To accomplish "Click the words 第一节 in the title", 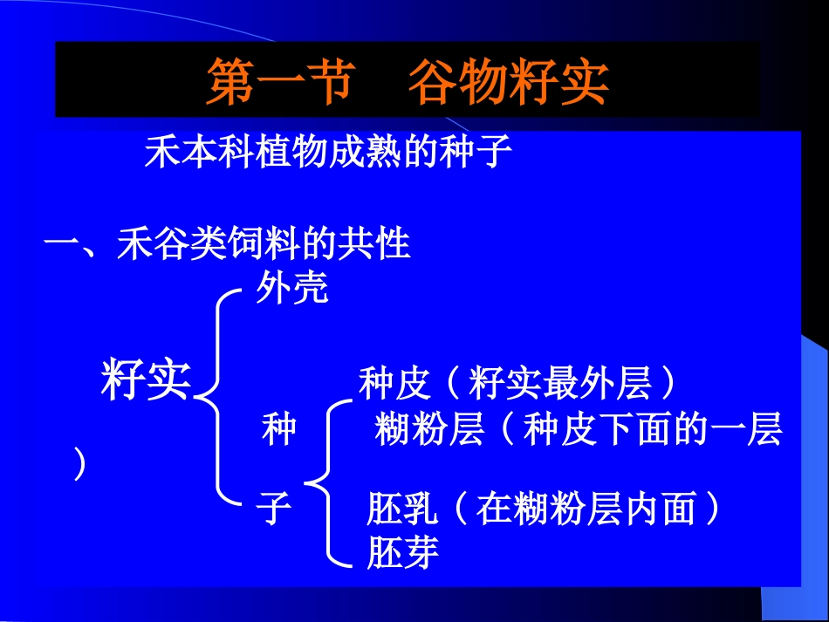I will (279, 83).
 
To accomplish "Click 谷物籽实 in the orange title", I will (508, 83).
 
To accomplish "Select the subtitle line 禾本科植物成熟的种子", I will (327, 154).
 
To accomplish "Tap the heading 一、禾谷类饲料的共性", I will (227, 244).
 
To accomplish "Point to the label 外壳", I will (292, 289).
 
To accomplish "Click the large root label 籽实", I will (146, 382).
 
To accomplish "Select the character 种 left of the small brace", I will (279, 430).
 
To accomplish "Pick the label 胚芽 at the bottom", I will (402, 552).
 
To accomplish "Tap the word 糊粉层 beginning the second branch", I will (429, 430).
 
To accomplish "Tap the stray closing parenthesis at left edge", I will (79, 464).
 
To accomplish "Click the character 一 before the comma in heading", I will (61, 245).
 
